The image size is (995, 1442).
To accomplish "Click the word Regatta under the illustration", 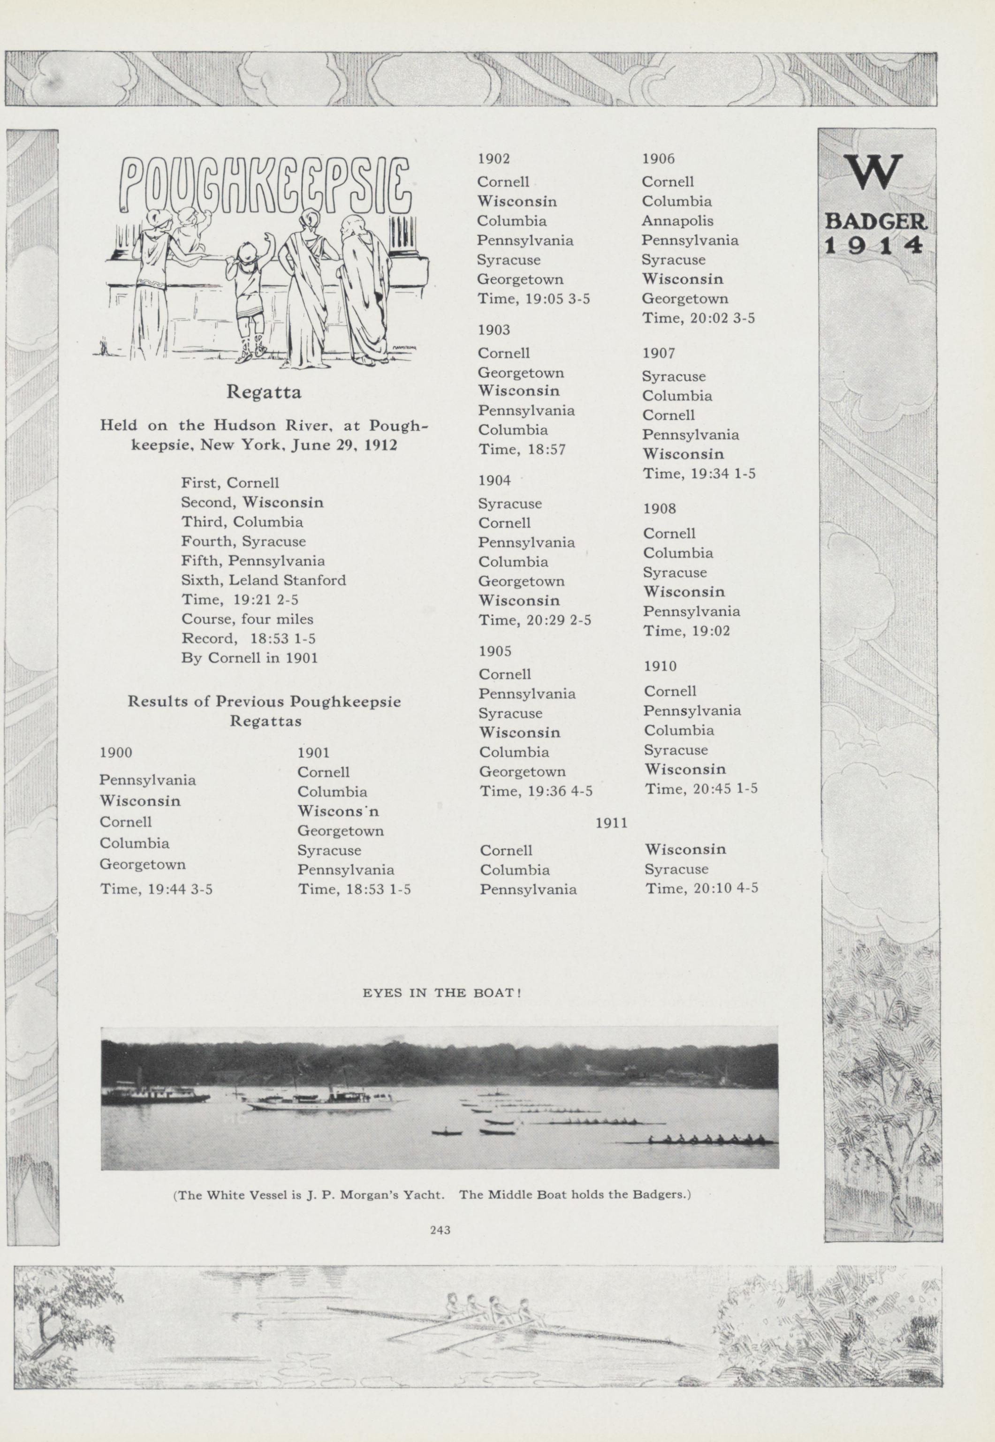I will (x=264, y=392).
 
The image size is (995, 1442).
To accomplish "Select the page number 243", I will (x=440, y=1230).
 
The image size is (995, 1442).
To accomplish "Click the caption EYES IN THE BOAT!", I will (x=441, y=993).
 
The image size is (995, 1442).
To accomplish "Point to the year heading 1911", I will (x=611, y=823).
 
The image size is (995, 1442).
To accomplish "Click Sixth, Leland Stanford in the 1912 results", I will (x=263, y=580).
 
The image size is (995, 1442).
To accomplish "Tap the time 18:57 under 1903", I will (x=523, y=449).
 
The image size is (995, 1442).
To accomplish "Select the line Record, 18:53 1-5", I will (x=248, y=638).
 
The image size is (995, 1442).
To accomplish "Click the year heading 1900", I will (x=116, y=752).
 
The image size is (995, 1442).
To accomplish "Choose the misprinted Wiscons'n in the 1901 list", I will (x=338, y=811).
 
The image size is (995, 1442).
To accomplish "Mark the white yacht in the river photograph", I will (x=321, y=1103).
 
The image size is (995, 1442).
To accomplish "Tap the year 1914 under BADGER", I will (x=873, y=246).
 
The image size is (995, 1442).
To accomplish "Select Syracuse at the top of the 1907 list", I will (x=674, y=377).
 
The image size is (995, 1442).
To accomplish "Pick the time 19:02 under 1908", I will (x=686, y=631).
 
